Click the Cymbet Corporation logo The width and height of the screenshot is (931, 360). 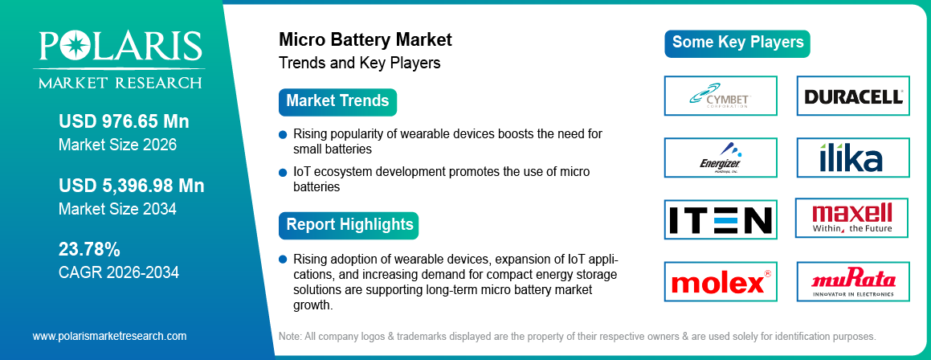tap(721, 96)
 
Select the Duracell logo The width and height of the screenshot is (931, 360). tap(853, 96)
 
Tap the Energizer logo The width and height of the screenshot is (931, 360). tap(721, 157)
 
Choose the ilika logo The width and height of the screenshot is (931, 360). tap(853, 157)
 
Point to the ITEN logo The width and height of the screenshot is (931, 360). tap(721, 219)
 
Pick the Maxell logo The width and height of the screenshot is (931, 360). tap(853, 218)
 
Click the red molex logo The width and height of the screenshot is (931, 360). tap(721, 282)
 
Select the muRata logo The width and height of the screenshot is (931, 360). tap(853, 282)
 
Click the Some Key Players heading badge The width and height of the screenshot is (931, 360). tap(737, 43)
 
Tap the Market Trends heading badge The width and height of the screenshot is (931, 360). tap(337, 101)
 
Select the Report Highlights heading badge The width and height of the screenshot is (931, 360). tap(349, 224)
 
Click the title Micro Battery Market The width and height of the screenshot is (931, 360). tap(365, 39)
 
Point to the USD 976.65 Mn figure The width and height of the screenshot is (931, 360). tap(124, 121)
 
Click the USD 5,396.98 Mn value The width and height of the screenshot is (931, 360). tap(131, 186)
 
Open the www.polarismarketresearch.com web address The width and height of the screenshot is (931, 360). tap(109, 336)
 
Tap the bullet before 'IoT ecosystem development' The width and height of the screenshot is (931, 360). tap(283, 173)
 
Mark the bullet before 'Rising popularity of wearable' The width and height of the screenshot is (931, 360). tap(283, 134)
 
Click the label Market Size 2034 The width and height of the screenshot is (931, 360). tap(117, 209)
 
